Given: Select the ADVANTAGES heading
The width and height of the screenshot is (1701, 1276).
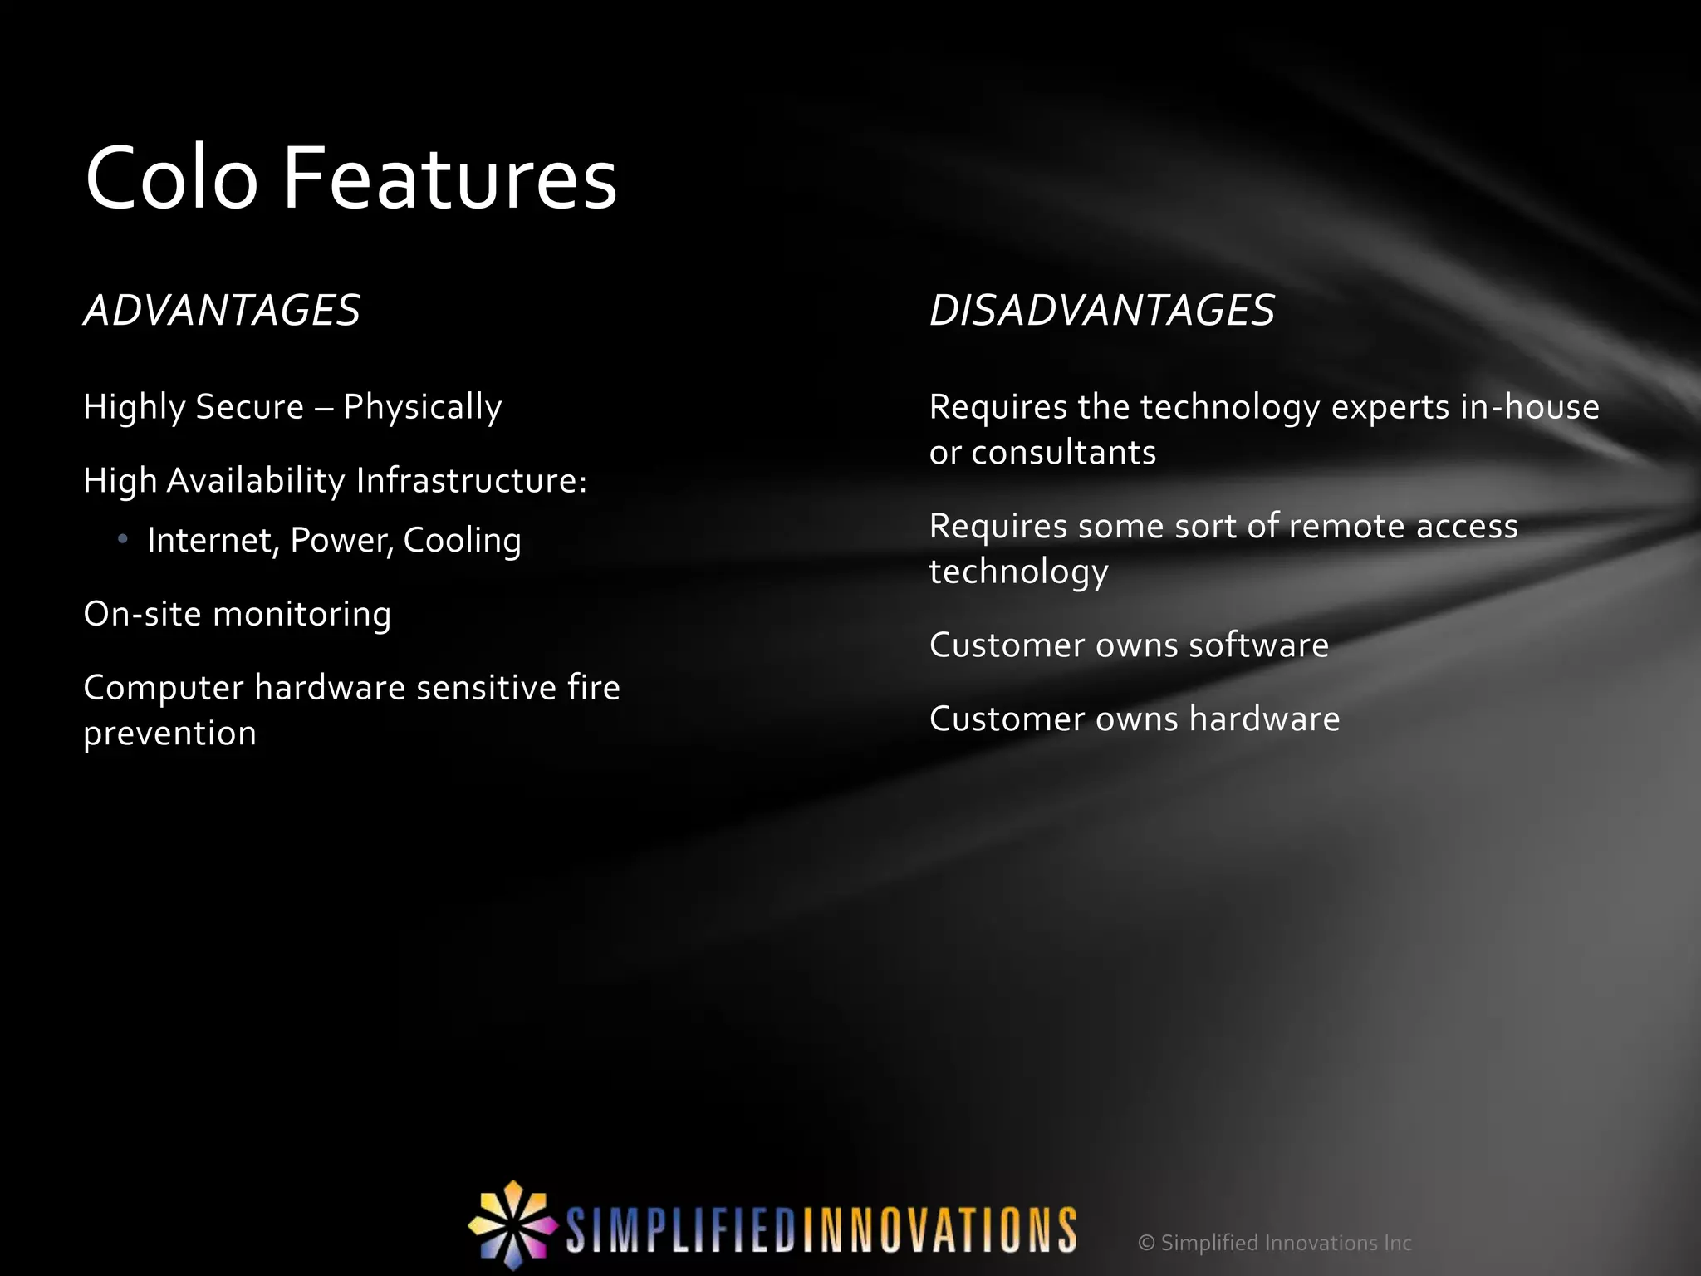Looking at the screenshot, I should pyautogui.click(x=222, y=311).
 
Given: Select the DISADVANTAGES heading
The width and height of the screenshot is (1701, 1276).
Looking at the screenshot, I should pyautogui.click(x=1101, y=311).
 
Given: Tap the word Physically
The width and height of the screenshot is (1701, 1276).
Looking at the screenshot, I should pyautogui.click(x=422, y=408).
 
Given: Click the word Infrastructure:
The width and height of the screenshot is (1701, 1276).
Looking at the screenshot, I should pyautogui.click(x=471, y=481).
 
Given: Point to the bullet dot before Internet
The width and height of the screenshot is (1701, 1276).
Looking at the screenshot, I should pyautogui.click(x=123, y=540).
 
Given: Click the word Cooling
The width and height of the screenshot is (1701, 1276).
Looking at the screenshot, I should pyautogui.click(x=462, y=541).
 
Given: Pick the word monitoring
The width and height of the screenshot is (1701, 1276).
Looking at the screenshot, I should pyautogui.click(x=301, y=615).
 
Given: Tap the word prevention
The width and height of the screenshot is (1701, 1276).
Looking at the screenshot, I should pyautogui.click(x=169, y=734).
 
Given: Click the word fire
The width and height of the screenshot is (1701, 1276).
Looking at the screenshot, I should pyautogui.click(x=593, y=688).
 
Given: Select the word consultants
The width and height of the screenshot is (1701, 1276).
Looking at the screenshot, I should pyautogui.click(x=1063, y=453).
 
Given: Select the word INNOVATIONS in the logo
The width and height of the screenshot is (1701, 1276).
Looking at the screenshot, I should pyautogui.click(x=939, y=1229).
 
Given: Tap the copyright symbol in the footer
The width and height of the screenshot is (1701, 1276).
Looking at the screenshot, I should pyautogui.click(x=1146, y=1243).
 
